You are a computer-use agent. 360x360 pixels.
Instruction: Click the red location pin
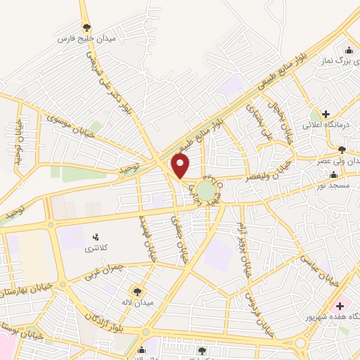point(181,165)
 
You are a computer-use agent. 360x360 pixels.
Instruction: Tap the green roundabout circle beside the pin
point(205,190)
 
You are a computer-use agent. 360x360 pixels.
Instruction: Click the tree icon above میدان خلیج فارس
point(86,27)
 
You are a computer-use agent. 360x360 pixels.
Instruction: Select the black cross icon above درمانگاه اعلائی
point(326,113)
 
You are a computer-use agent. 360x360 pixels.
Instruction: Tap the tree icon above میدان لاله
point(138,290)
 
